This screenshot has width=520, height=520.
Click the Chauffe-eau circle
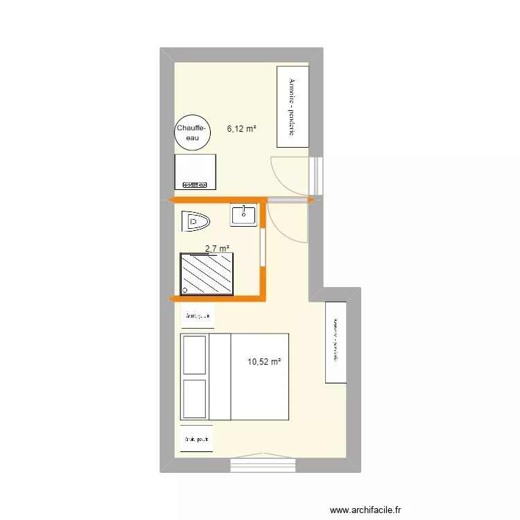pyautogui.click(x=191, y=132)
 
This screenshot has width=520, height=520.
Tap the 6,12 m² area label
pyautogui.click(x=242, y=128)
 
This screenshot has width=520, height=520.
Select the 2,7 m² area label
pyautogui.click(x=216, y=248)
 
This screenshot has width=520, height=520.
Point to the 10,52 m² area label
pyautogui.click(x=264, y=361)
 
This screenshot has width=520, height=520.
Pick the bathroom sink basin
pyautogui.click(x=244, y=216)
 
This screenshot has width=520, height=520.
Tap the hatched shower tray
pyautogui.click(x=207, y=274)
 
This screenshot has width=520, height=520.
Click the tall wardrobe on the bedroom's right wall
pyautogui.click(x=336, y=342)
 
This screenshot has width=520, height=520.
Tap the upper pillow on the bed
pyautogui.click(x=194, y=356)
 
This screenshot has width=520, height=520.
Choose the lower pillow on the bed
pyautogui.click(x=194, y=398)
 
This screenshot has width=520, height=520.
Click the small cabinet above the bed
pyautogui.click(x=198, y=315)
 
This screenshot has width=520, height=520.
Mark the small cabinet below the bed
pyautogui.click(x=198, y=438)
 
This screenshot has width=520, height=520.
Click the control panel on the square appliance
pyautogui.click(x=195, y=184)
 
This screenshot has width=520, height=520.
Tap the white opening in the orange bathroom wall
pyautogui.click(x=263, y=246)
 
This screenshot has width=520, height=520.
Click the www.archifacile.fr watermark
pyautogui.click(x=365, y=510)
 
